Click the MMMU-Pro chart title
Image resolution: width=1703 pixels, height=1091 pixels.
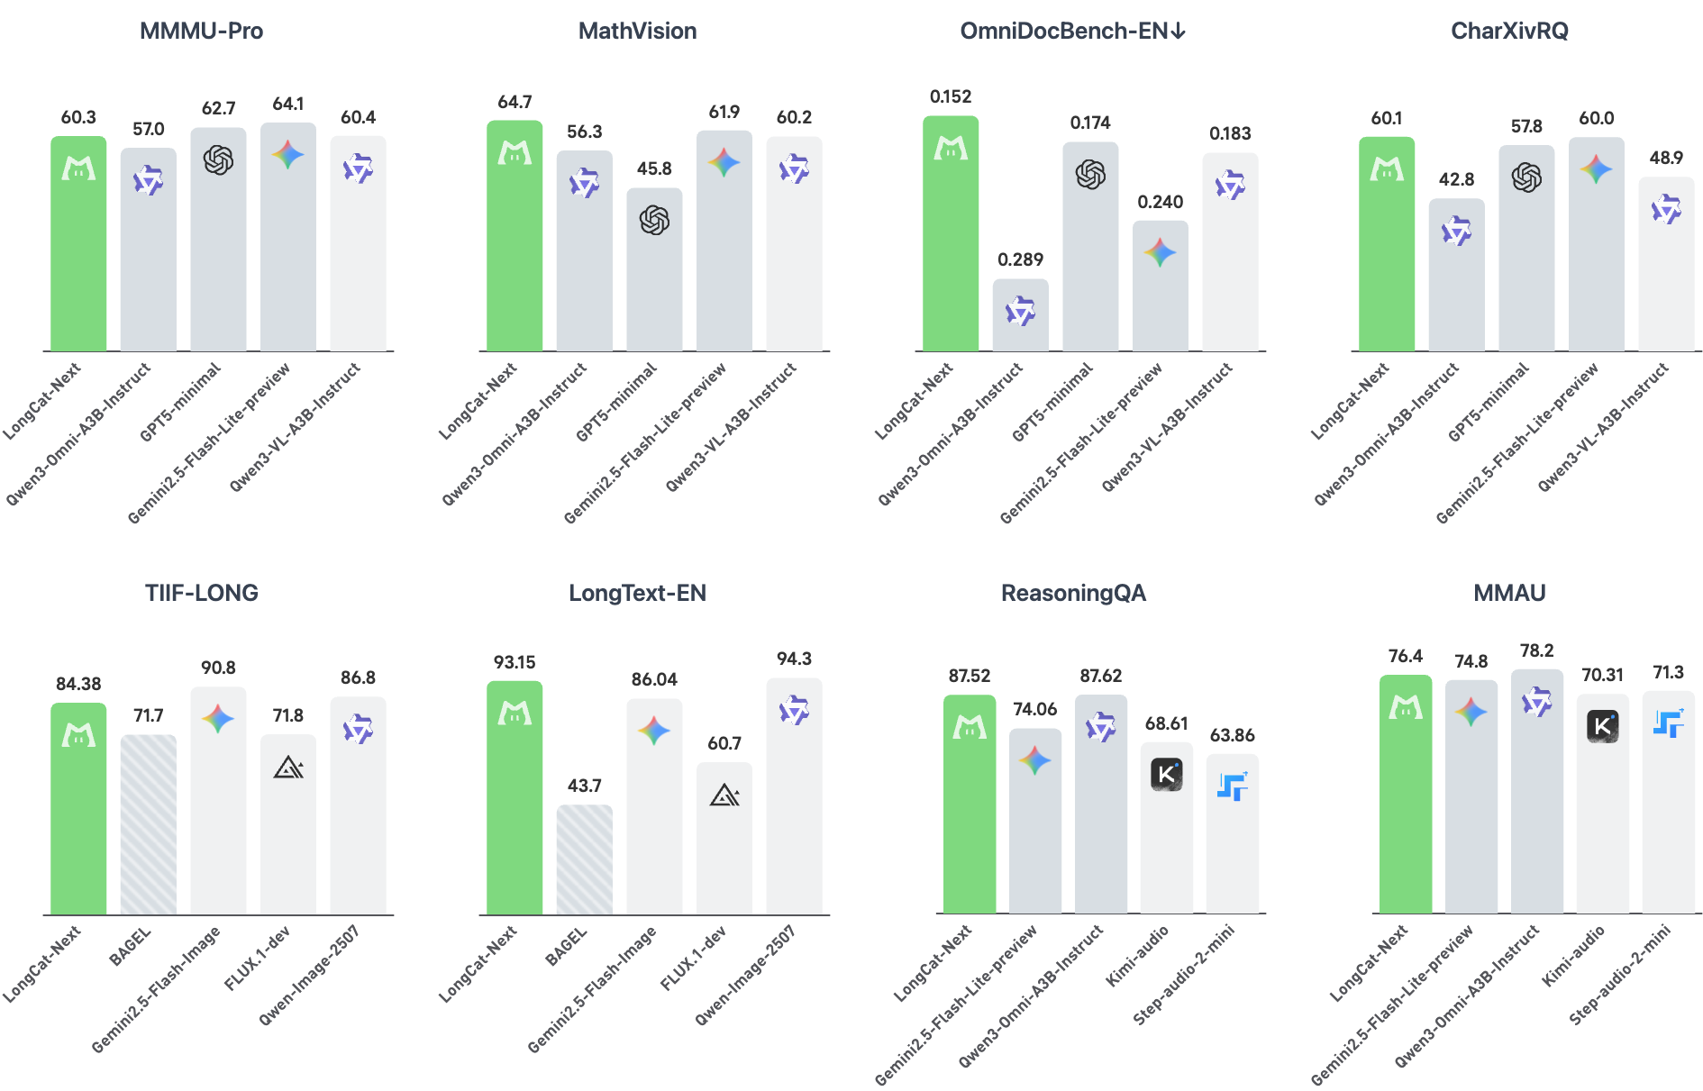click(201, 32)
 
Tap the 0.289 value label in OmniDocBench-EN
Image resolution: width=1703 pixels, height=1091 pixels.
click(1020, 259)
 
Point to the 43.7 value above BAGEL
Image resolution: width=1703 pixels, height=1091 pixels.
click(584, 786)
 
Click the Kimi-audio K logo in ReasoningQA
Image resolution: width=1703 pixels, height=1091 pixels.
click(1166, 774)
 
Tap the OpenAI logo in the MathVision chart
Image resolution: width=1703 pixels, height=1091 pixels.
click(654, 220)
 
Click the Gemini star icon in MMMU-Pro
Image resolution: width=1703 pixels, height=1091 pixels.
click(288, 155)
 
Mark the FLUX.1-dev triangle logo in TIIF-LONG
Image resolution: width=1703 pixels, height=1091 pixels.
click(288, 768)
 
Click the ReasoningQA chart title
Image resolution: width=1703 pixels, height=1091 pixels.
click(1073, 593)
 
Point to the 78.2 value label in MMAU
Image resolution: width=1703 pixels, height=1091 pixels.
click(1536, 650)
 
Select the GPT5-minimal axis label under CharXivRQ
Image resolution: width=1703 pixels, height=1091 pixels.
click(1489, 403)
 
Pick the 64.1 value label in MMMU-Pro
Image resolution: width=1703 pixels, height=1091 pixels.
click(288, 104)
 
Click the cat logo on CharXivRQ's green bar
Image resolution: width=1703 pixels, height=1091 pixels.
click(1387, 168)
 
